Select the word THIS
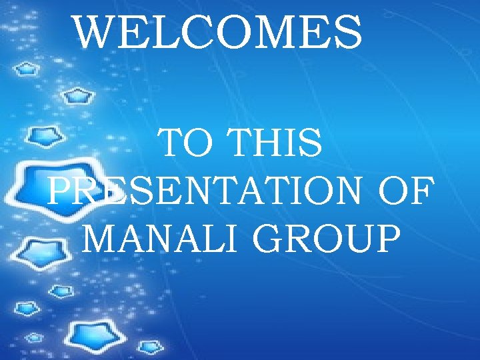pyautogui.click(x=275, y=145)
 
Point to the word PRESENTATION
pyautogui.click(x=201, y=191)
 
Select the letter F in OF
pyautogui.click(x=420, y=191)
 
